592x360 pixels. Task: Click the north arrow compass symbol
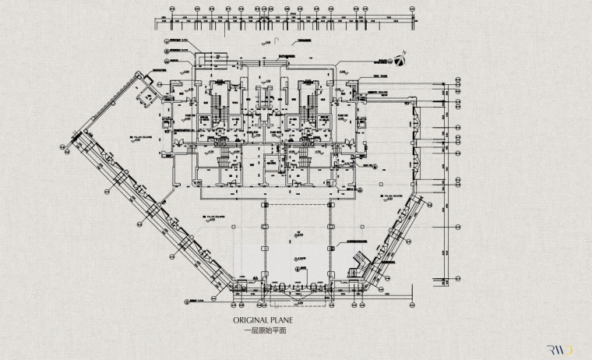tap(400, 58)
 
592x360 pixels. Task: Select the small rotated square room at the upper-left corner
tap(146, 97)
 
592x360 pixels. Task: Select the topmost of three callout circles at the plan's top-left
tap(166, 40)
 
